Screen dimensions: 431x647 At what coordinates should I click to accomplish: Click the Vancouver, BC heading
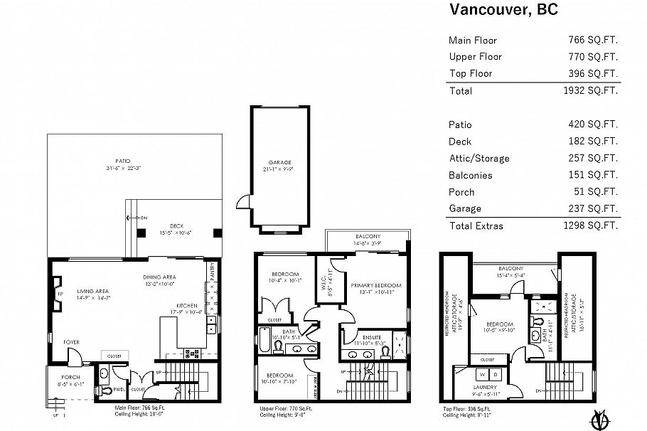point(503,10)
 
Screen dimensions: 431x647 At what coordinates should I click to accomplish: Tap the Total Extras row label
point(476,226)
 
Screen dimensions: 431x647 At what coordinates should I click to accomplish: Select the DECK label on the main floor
point(166,226)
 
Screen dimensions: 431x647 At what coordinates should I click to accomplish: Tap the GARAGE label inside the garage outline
point(279,162)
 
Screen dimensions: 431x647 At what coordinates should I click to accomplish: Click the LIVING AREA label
point(92,290)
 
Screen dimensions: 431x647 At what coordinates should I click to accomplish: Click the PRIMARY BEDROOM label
point(375,285)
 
